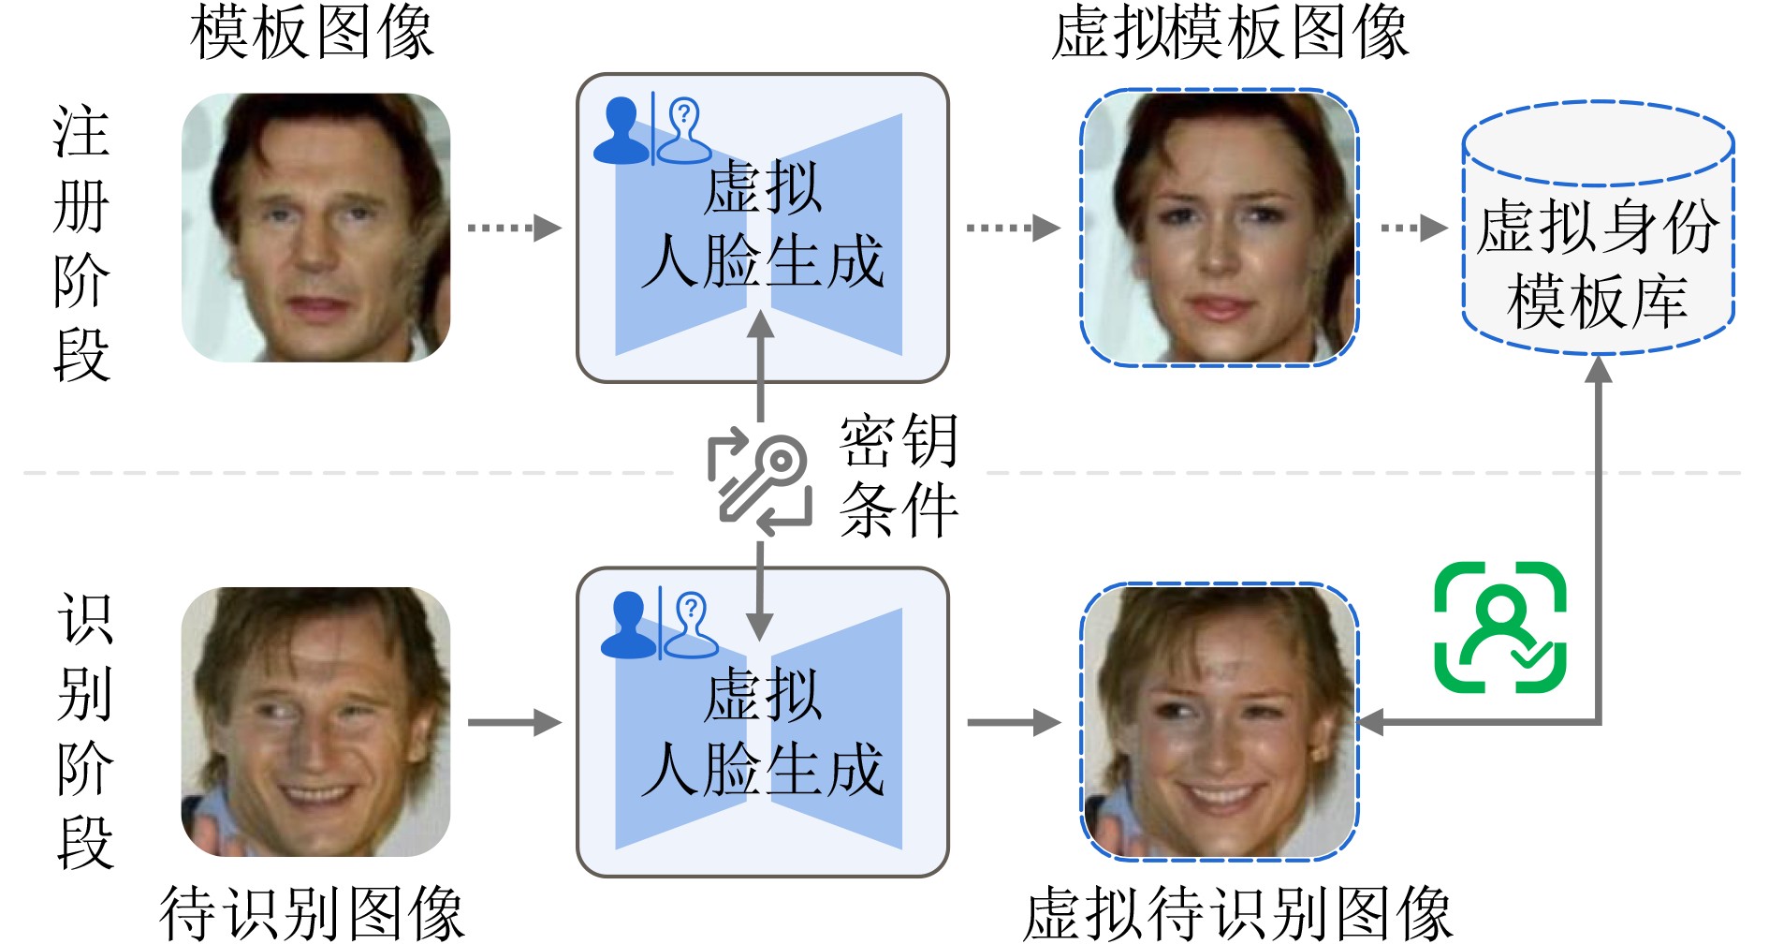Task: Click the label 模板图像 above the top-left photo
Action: coord(312,33)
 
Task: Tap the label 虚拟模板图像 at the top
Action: coord(1230,33)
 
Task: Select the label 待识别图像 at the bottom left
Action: coord(312,911)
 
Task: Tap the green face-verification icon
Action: coord(1499,627)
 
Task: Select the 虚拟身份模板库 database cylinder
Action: coord(1598,229)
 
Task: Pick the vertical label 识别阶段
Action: coord(85,730)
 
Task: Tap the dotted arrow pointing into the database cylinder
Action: coord(1413,228)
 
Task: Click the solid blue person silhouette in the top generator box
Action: coord(621,132)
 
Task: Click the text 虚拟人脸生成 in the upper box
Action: coord(762,225)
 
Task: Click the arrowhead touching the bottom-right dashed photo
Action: coord(1372,722)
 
